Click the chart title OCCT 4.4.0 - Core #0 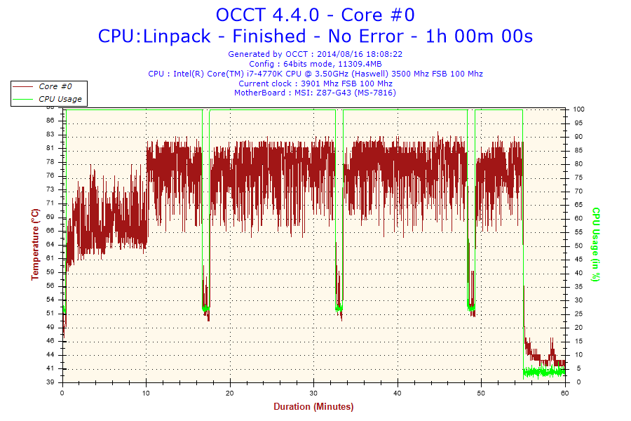pos(315,15)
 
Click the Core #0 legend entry pos(54,86)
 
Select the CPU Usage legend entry pos(60,99)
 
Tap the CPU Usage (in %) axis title pos(596,244)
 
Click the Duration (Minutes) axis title pos(313,406)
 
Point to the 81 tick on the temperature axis pos(50,148)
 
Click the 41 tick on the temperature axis pos(50,368)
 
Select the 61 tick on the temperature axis pos(50,258)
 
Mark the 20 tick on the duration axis pos(230,392)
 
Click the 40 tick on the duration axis pos(398,392)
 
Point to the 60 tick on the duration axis pos(565,392)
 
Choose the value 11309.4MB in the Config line pos(355,63)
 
